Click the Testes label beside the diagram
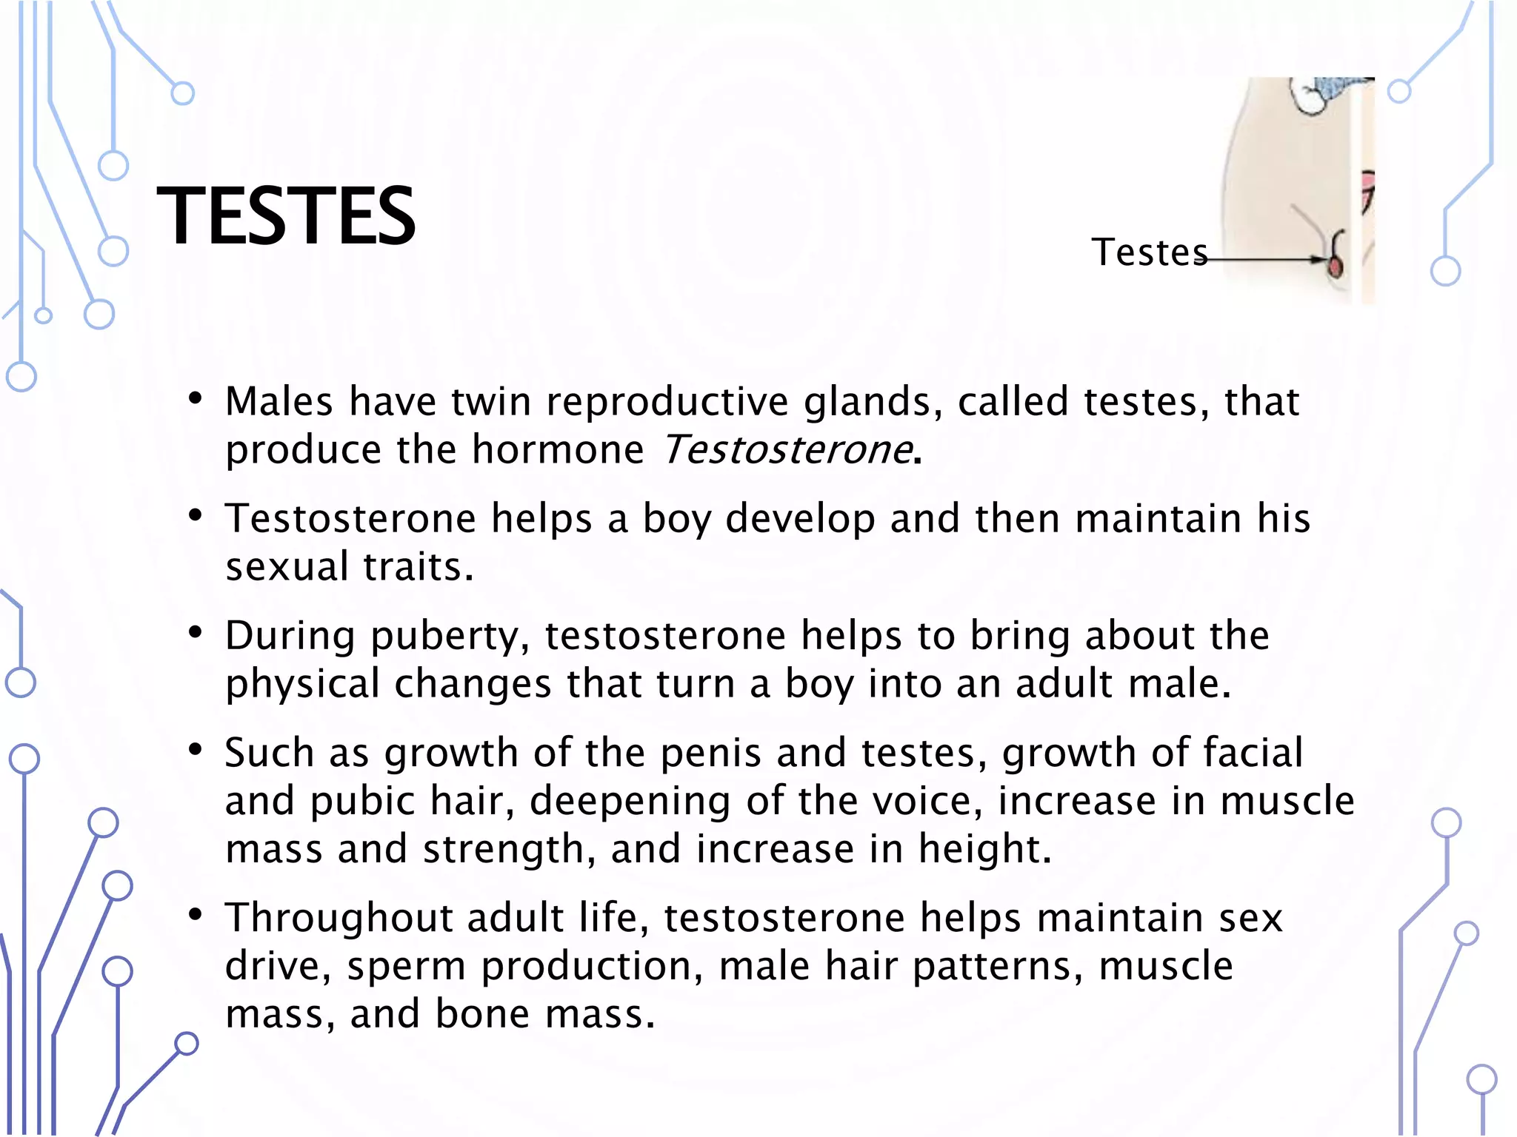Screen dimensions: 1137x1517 [1149, 252]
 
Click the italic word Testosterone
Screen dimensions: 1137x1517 [787, 449]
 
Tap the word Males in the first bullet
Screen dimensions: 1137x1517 [279, 401]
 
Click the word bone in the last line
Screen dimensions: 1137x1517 [482, 1014]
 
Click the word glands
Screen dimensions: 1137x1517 [873, 401]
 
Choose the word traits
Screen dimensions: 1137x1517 [418, 567]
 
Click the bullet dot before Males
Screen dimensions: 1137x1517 [196, 400]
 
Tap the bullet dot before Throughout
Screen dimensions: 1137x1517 [196, 916]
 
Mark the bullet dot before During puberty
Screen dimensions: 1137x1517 [196, 634]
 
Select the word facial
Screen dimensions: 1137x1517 [1252, 753]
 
